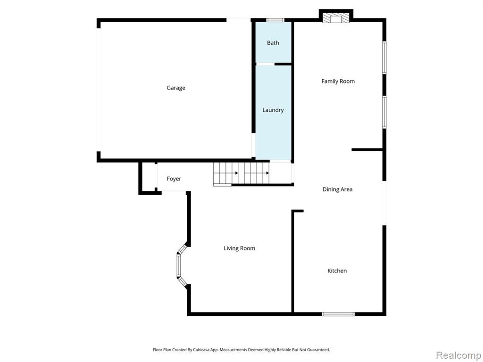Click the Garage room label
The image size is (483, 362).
coord(176,88)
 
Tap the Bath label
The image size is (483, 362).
coord(273,43)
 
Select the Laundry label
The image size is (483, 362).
coord(273,110)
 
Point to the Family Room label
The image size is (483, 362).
coord(338,81)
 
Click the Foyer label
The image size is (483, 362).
coord(174,179)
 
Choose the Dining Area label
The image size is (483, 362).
coord(337,189)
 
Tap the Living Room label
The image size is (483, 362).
coord(239,248)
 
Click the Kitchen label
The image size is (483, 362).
coord(337,271)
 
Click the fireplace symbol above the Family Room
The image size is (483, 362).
coord(336,17)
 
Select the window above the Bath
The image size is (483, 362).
coord(275,20)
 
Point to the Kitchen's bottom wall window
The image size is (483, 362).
coord(338,314)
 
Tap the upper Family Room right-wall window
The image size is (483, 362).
coord(384,58)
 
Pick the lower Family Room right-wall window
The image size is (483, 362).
coord(384,112)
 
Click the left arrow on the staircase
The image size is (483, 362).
coord(237,173)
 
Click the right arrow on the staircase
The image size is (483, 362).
coord(267,173)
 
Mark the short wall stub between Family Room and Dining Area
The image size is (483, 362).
coord(367,149)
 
